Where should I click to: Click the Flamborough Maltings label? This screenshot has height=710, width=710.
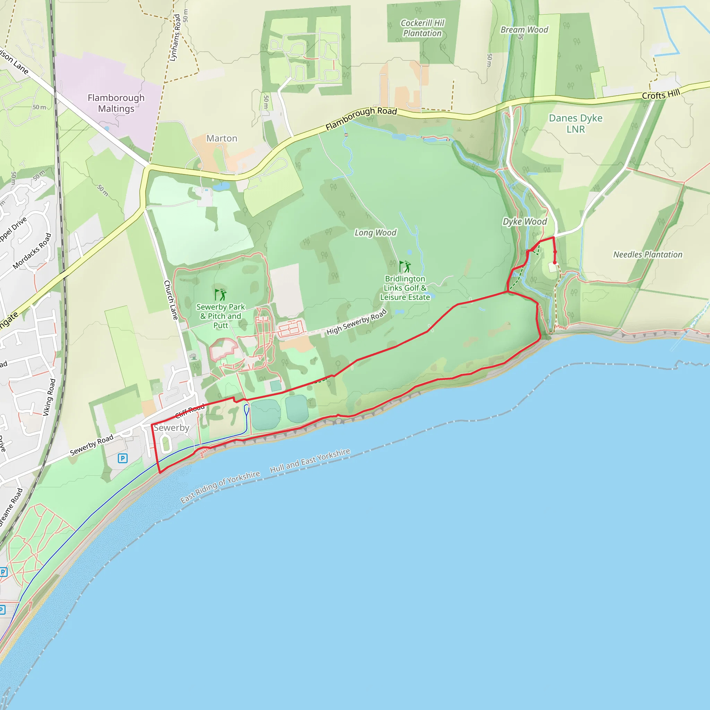coord(116,103)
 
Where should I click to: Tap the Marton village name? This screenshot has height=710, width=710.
coord(222,138)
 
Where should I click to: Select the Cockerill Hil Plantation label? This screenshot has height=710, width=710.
coord(422,28)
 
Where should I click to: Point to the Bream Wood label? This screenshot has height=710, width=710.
coord(524,30)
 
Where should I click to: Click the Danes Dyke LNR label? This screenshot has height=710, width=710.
coord(575,123)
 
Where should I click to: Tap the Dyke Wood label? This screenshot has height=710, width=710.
coord(525,222)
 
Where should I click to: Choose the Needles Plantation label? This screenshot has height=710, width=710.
coord(648,254)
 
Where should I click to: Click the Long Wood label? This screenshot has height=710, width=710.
coord(375,233)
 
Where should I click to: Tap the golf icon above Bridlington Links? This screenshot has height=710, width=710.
coord(405,267)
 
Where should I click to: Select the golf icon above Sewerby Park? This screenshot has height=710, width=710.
coord(220,294)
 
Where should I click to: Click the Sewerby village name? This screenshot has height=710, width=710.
coord(171,428)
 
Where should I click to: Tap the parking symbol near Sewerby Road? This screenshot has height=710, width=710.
coord(123,458)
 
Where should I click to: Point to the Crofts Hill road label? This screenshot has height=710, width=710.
coord(661,94)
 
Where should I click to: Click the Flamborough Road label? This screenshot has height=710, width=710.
coord(361,118)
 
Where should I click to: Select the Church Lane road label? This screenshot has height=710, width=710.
coord(171,300)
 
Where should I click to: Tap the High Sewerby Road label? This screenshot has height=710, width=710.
coord(356,322)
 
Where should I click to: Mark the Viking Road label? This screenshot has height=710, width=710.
coord(49,397)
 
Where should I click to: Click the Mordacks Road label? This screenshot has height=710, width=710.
coord(32,251)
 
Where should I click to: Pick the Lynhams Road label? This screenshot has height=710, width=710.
coord(175,37)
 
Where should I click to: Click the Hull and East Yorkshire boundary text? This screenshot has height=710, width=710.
coord(310,460)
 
